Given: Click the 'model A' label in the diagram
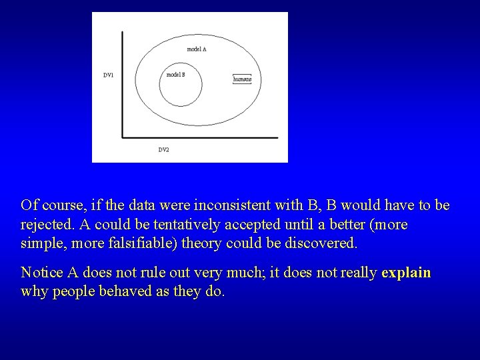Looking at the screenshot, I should (x=196, y=49).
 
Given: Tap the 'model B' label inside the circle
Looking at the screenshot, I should (x=175, y=75).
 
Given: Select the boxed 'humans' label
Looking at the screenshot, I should (x=242, y=79).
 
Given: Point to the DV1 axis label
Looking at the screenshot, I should (x=108, y=75).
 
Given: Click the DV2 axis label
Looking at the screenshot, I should (x=163, y=150).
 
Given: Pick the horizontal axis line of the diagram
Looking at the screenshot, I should (x=200, y=138).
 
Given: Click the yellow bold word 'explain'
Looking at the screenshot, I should (x=406, y=273).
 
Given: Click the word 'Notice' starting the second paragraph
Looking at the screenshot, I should (x=41, y=273).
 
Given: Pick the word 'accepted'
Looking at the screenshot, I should (x=243, y=225).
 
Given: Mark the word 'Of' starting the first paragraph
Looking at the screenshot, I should (x=28, y=205).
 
